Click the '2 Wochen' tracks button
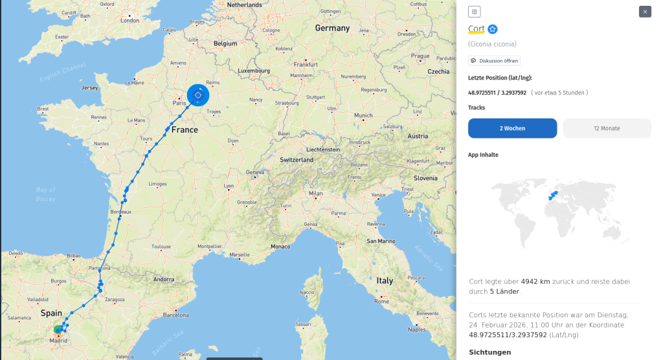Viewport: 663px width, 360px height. (x=512, y=128)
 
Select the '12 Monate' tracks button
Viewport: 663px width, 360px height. (x=607, y=128)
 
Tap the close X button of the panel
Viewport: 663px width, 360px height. (x=645, y=12)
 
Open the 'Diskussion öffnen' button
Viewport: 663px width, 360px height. (x=494, y=61)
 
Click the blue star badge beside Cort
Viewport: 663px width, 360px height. (x=493, y=29)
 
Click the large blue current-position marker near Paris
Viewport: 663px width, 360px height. (x=198, y=95)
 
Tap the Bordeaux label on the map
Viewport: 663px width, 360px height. (x=121, y=212)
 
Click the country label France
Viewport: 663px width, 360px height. (x=185, y=129)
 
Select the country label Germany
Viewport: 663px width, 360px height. (x=332, y=28)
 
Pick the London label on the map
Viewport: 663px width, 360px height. (x=129, y=20)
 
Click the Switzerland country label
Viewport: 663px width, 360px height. (x=297, y=159)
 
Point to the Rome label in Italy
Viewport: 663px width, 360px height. (x=381, y=301)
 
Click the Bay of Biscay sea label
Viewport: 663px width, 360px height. (x=46, y=194)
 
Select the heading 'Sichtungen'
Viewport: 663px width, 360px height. (x=489, y=352)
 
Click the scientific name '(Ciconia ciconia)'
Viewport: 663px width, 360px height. (x=492, y=44)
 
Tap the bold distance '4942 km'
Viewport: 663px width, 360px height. (x=535, y=282)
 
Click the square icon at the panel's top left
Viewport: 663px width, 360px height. (x=474, y=12)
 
